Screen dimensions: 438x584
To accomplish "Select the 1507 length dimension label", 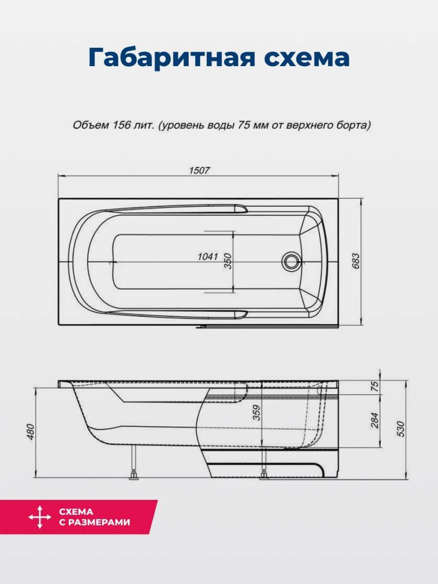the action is (200, 170).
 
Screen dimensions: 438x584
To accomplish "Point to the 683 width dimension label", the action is (356, 261).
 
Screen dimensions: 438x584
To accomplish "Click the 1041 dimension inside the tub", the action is (208, 257).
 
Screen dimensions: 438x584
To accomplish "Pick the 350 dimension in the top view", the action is (228, 261).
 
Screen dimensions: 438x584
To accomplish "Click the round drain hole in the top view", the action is (291, 261).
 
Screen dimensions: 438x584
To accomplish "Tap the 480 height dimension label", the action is (31, 432).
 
